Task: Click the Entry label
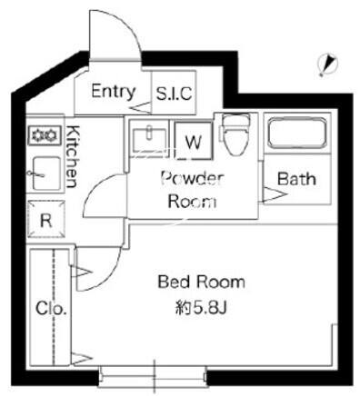(114, 92)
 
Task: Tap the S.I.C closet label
(174, 94)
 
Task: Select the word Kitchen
(72, 156)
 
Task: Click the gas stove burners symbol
(45, 135)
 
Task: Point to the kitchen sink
(46, 173)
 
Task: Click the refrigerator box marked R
(46, 219)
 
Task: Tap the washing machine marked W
(194, 141)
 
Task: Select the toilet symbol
(235, 134)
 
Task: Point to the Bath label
(296, 179)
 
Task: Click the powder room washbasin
(149, 139)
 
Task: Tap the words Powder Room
(193, 190)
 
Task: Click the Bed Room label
(201, 282)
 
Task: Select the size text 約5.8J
(201, 309)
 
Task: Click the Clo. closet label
(51, 309)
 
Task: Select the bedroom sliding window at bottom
(153, 377)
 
